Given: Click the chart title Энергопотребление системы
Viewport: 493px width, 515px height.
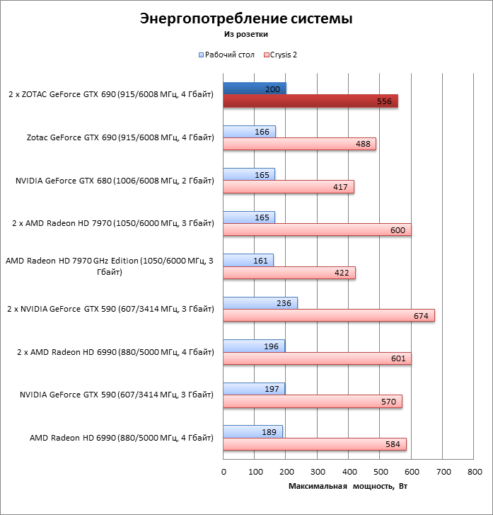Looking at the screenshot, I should click(x=246, y=18).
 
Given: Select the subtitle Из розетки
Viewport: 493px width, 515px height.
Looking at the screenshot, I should click(x=246, y=33).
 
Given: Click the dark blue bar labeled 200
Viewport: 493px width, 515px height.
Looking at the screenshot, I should click(x=255, y=89).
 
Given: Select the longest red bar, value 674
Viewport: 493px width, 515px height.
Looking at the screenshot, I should click(x=329, y=315).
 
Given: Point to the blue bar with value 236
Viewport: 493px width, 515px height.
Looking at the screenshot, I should click(x=260, y=302).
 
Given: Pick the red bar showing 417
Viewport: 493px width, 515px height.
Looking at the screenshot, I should click(x=289, y=187).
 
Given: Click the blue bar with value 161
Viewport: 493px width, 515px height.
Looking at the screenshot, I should click(x=248, y=260).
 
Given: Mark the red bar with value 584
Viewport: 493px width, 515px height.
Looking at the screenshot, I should click(x=315, y=444).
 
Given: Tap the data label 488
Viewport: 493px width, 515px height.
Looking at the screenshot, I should click(x=363, y=144).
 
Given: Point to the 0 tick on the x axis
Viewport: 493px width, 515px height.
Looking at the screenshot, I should click(x=224, y=471).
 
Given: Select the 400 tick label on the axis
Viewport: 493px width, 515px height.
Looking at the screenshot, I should click(x=349, y=471).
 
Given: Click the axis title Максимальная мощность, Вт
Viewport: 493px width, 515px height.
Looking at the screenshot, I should click(x=348, y=486).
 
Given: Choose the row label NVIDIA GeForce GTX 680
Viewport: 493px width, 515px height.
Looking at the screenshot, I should click(x=114, y=181).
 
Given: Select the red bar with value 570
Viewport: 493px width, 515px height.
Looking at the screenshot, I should click(x=313, y=401).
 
